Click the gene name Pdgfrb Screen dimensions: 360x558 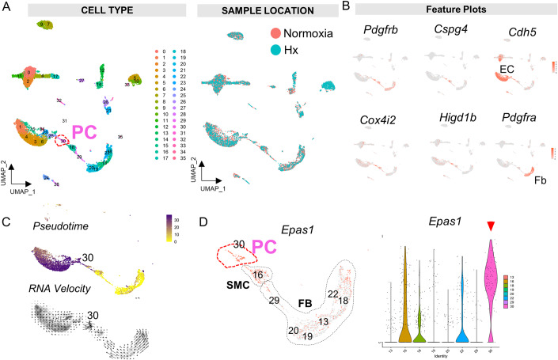pos(381,32)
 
